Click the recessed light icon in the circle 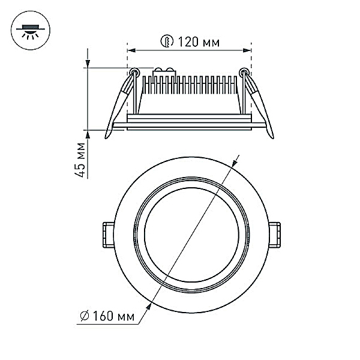[x=31, y=31]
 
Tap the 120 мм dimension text [x=199, y=42]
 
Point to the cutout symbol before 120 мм [x=167, y=41]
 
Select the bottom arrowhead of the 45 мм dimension [x=88, y=134]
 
